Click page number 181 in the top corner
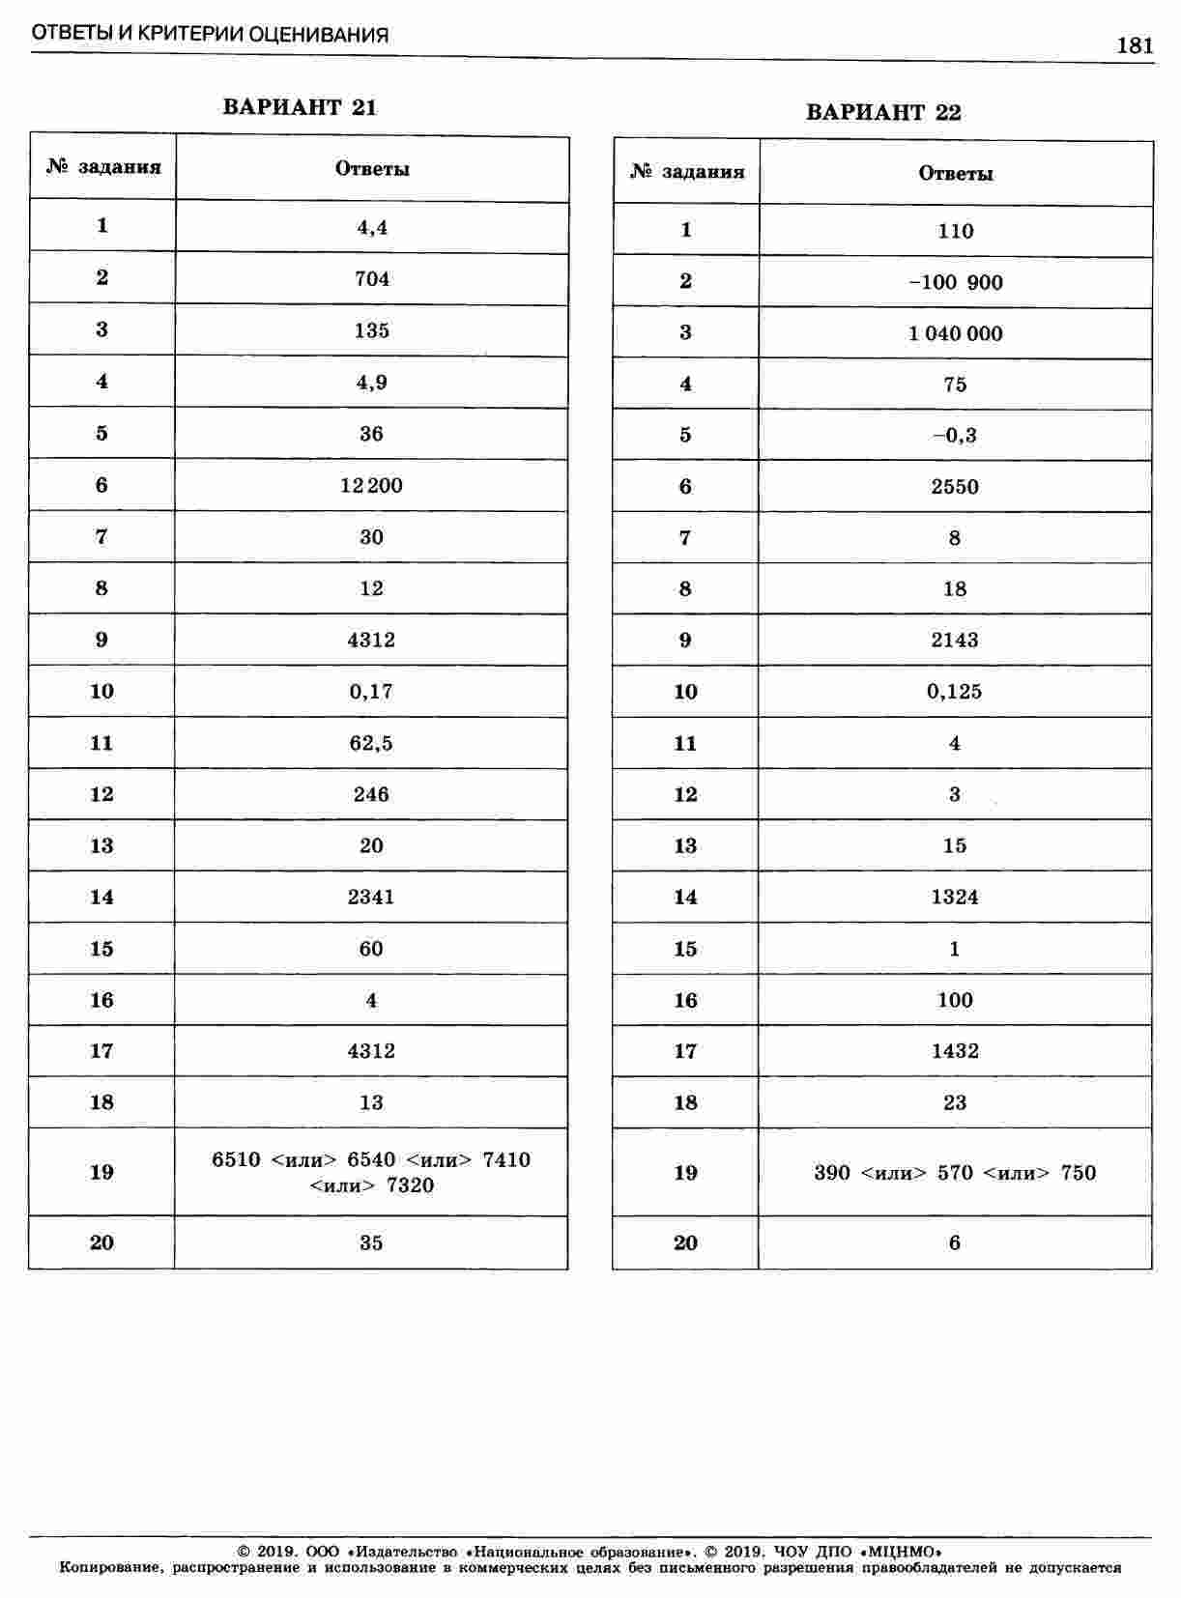click(x=1135, y=45)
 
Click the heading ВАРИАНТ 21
click(x=300, y=107)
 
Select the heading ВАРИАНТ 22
click(x=883, y=112)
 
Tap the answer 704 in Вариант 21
click(x=372, y=279)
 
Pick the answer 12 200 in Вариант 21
click(x=372, y=485)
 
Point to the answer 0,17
click(x=372, y=692)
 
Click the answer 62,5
click(x=372, y=743)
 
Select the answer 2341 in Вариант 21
click(x=372, y=897)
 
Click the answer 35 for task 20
click(x=372, y=1242)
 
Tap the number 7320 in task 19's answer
click(x=410, y=1185)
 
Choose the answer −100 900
click(x=956, y=282)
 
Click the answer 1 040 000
click(x=956, y=333)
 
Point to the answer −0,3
click(x=956, y=435)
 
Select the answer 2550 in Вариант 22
click(x=956, y=486)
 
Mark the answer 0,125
click(x=956, y=692)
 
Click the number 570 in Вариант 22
click(x=955, y=1173)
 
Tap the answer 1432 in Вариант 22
click(x=956, y=1051)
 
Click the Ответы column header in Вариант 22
click(x=956, y=174)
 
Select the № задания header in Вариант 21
click(x=102, y=168)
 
